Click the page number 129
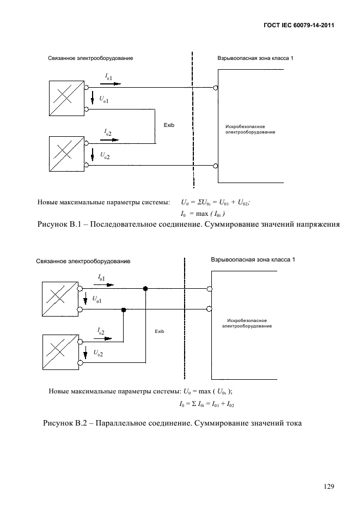tap(329, 487)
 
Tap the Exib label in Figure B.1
tap(169, 125)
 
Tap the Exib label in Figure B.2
tap(160, 331)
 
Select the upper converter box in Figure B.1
tap(66, 98)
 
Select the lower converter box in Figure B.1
tap(66, 154)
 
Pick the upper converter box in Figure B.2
tap(60, 299)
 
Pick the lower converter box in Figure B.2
tap(60, 352)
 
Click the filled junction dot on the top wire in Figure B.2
tap(145, 288)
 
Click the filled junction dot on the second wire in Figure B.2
tap(123, 309)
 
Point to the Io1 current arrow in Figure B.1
tap(111, 83)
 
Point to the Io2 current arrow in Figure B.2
tap(102, 338)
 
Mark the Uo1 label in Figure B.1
tap(104, 100)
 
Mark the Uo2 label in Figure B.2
tap(98, 353)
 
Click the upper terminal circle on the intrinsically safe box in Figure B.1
tap(215, 88)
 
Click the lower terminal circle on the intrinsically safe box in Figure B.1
tap(215, 166)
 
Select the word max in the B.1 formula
tap(202, 214)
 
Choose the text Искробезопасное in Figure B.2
tap(247, 321)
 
